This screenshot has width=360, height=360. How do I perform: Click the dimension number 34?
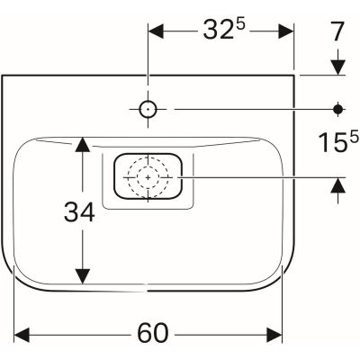79,212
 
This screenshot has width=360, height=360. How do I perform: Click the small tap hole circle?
148,109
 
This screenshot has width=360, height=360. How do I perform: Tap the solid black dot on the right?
338,109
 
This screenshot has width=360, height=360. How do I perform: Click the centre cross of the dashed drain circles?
148,177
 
